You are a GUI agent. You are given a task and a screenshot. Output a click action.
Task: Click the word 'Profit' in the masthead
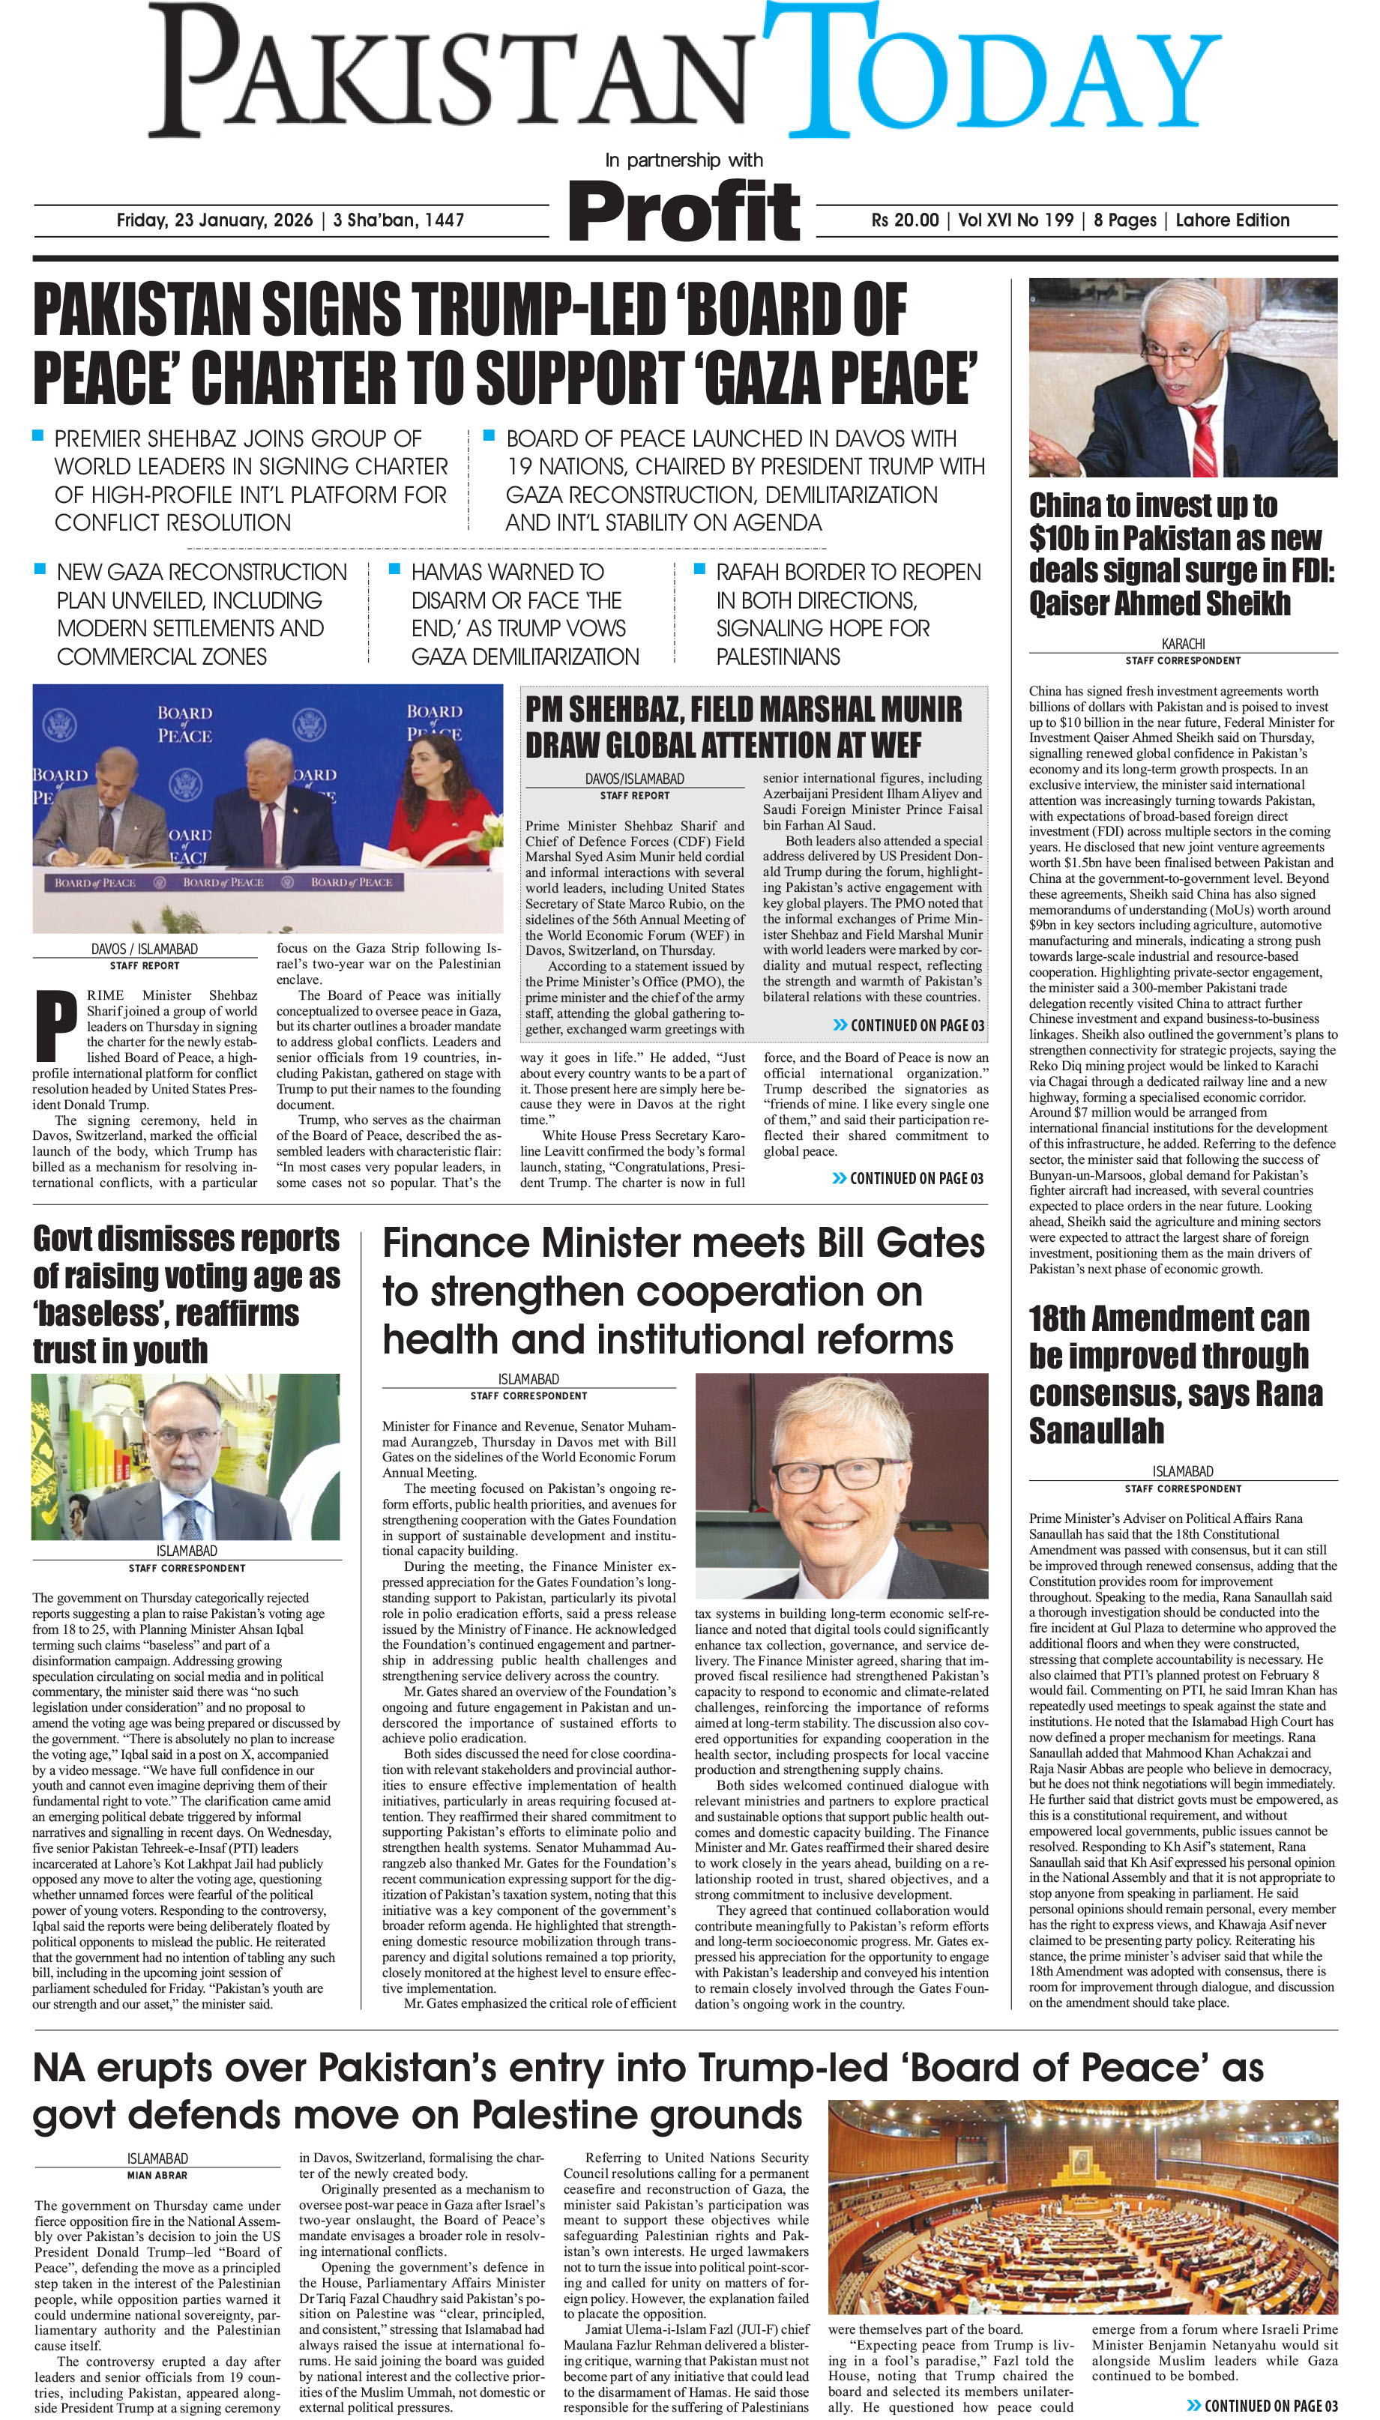click(x=684, y=212)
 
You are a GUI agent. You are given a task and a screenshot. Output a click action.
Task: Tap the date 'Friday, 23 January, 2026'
click(x=214, y=220)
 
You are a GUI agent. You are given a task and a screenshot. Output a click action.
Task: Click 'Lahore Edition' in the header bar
click(x=1232, y=220)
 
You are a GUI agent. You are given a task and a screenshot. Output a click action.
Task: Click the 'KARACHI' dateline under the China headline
click(x=1183, y=643)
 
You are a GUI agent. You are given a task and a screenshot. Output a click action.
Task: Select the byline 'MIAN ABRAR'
click(x=157, y=2176)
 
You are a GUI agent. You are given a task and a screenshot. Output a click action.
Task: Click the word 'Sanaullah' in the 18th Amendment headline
click(x=1096, y=1430)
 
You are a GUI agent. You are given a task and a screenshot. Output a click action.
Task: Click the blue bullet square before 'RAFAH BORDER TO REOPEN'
click(x=699, y=570)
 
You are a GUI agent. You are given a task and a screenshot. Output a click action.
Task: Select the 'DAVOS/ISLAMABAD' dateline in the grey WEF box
click(x=634, y=779)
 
